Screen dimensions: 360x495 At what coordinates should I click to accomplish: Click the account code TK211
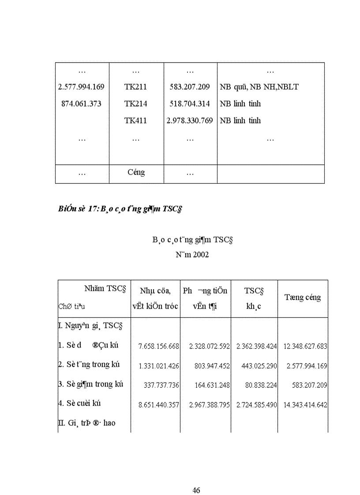coord(135,87)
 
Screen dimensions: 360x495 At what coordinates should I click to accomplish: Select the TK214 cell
coord(135,104)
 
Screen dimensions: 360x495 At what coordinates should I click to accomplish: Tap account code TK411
coord(135,120)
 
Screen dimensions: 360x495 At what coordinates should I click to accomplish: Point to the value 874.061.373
coord(82,104)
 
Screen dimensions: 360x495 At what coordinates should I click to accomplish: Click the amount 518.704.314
coord(190,104)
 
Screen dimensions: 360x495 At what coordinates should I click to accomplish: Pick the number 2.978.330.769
coord(190,120)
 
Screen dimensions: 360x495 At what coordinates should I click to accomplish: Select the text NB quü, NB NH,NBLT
coord(259,87)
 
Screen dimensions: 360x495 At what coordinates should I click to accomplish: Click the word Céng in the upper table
coord(136,172)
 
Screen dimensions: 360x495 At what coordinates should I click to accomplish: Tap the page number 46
coord(197,490)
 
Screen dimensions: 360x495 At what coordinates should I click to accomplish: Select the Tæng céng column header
coord(302,298)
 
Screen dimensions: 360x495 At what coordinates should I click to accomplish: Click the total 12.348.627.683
coord(303,346)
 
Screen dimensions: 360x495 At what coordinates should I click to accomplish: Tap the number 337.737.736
coord(161,385)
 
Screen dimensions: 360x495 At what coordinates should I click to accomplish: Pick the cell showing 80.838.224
coord(261,385)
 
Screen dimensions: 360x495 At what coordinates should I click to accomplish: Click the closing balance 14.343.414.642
coord(303,405)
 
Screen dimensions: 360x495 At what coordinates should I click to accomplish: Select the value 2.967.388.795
coord(206,405)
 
